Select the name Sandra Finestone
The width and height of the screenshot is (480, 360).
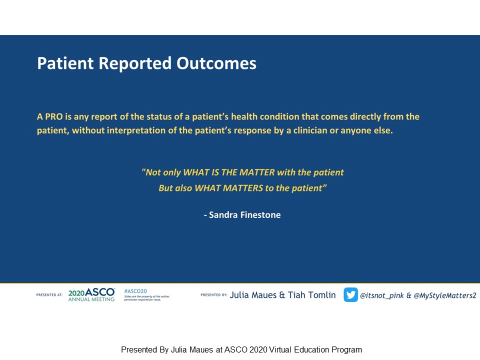pos(244,215)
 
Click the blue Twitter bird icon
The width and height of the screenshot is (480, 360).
pos(350,295)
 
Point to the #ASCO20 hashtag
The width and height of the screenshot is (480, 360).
pos(135,291)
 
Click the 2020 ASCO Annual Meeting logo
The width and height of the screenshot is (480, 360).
pos(91,295)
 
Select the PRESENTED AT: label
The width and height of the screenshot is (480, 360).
pos(49,295)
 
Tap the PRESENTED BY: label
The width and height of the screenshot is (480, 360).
pos(214,295)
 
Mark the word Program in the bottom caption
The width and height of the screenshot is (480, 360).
pos(347,350)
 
